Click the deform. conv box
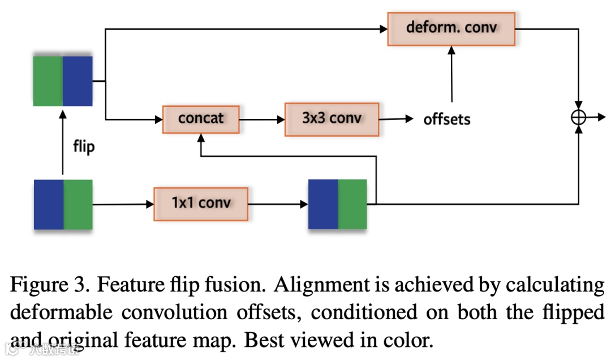(451, 28)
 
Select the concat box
(201, 119)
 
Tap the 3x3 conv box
(332, 119)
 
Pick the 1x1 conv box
(201, 202)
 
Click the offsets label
(447, 119)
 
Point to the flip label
(84, 147)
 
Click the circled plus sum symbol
(578, 117)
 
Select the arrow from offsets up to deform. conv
(451, 74)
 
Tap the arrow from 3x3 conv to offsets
(396, 119)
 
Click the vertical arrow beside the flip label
(63, 144)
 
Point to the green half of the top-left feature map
(48, 80)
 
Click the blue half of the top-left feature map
(78, 80)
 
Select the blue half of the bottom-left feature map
(49, 204)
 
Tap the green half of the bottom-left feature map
(78, 204)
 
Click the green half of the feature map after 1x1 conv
(352, 204)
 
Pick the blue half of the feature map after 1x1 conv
(323, 204)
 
